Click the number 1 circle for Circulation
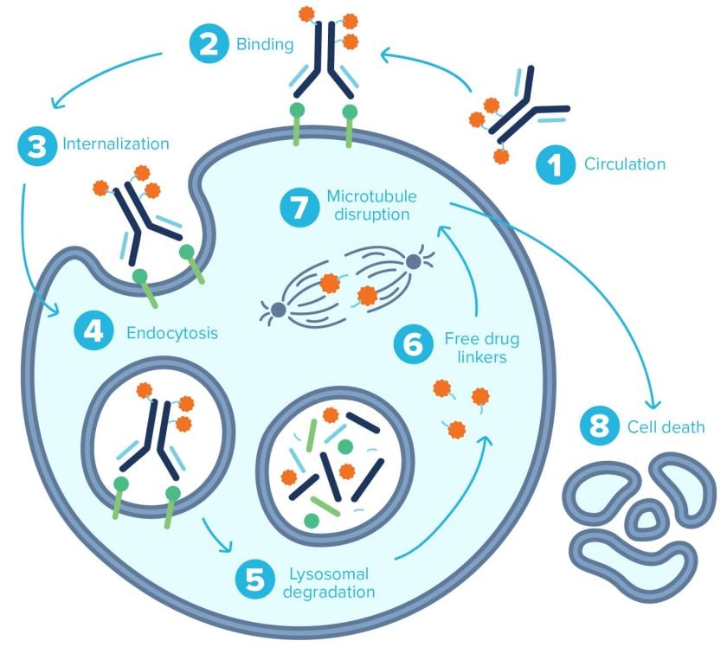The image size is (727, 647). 553,163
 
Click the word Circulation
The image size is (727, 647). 625,163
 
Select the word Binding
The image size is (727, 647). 265,45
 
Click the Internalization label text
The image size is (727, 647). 116,144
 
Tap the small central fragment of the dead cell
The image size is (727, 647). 644,519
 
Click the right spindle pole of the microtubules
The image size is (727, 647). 413,260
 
